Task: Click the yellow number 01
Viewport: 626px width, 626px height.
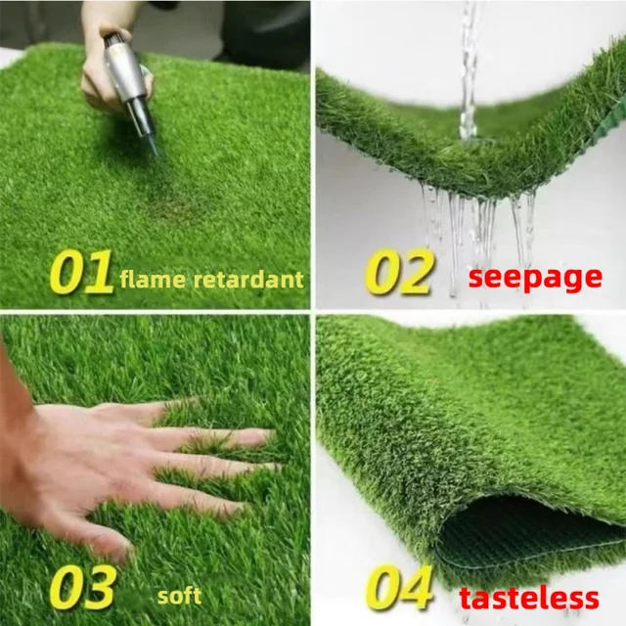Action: [81, 275]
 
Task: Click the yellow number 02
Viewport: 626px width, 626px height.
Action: [398, 273]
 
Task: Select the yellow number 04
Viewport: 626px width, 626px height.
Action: [399, 587]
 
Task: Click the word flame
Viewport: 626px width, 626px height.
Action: [152, 280]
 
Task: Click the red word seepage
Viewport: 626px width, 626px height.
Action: [534, 277]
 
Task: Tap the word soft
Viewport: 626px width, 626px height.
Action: [179, 595]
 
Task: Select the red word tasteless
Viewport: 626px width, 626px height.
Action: [528, 598]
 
